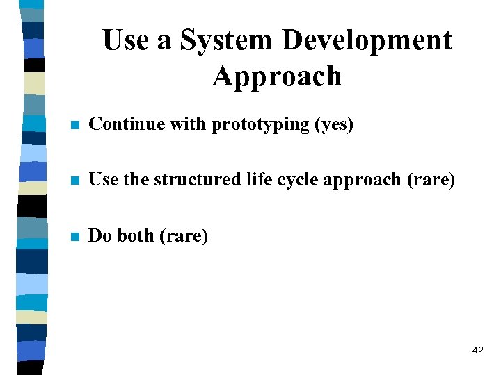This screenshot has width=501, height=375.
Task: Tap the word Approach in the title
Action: [x=277, y=76]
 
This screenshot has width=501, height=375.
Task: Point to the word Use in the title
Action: [x=127, y=40]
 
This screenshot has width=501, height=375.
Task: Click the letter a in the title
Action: [x=165, y=42]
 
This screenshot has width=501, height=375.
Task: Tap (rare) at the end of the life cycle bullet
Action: [x=430, y=181]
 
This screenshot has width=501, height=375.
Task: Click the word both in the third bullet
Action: [x=136, y=235]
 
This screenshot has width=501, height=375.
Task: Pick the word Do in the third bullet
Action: [x=101, y=235]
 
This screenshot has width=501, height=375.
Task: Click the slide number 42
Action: [x=477, y=351]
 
